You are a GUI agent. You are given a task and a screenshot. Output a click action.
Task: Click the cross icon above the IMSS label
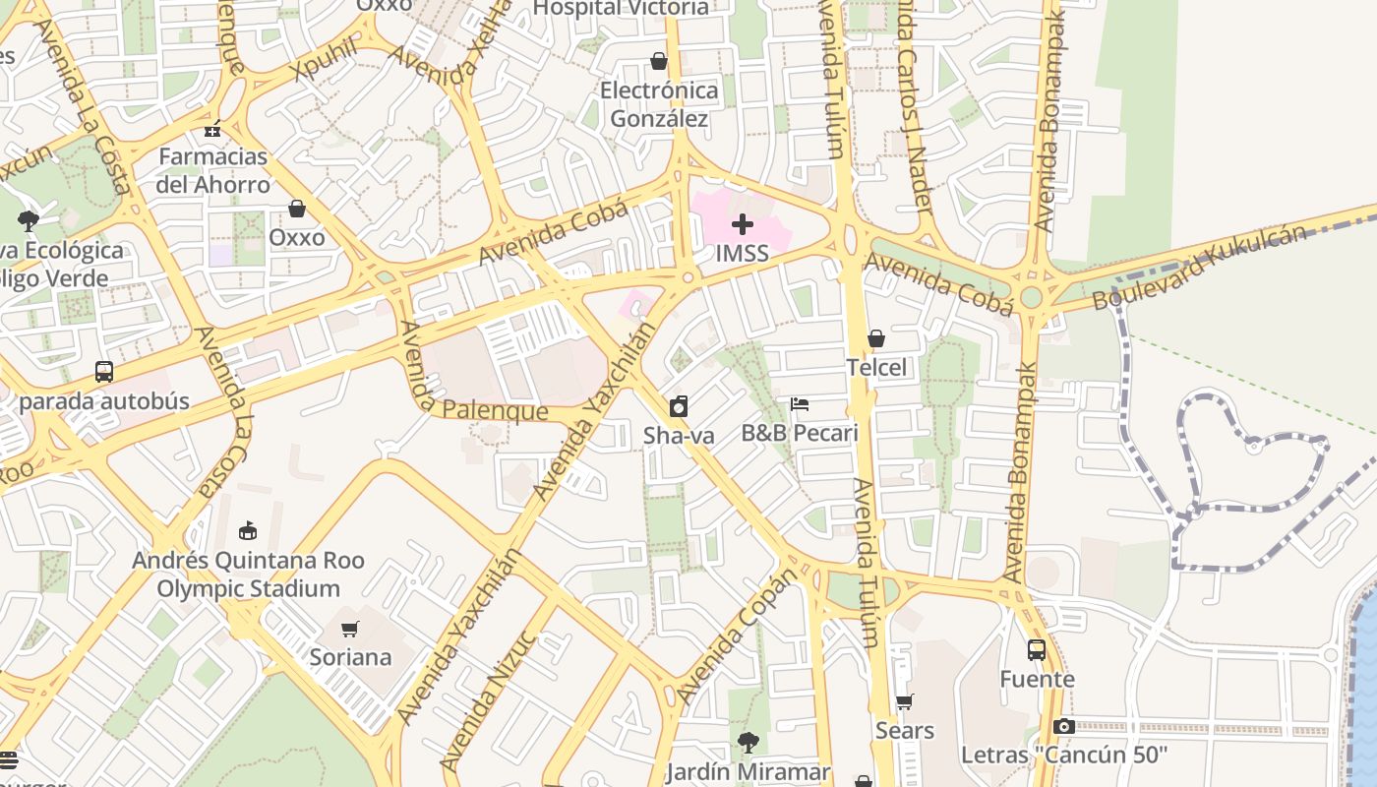point(743,224)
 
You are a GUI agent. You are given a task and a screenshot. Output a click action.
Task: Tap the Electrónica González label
point(659,105)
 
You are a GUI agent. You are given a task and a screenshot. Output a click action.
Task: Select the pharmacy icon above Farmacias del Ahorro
point(212,129)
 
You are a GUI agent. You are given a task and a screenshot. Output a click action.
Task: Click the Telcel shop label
point(876,368)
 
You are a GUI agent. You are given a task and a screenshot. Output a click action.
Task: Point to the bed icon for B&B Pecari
point(800,404)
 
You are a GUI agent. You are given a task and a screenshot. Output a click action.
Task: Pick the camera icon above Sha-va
point(679,406)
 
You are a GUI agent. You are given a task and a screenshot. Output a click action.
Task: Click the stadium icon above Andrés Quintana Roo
point(248,531)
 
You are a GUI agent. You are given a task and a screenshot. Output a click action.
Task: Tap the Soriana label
point(350,657)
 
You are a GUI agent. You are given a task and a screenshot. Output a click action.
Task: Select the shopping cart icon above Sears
point(905,701)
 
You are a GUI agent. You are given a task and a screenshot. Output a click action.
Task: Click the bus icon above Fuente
point(1037,649)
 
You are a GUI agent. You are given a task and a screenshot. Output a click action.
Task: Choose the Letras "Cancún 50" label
point(1063,756)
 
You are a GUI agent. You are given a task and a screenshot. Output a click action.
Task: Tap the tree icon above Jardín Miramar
point(748,743)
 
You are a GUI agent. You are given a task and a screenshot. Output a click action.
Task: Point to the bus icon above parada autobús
point(104,372)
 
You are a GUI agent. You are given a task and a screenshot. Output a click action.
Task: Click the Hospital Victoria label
point(620,9)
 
